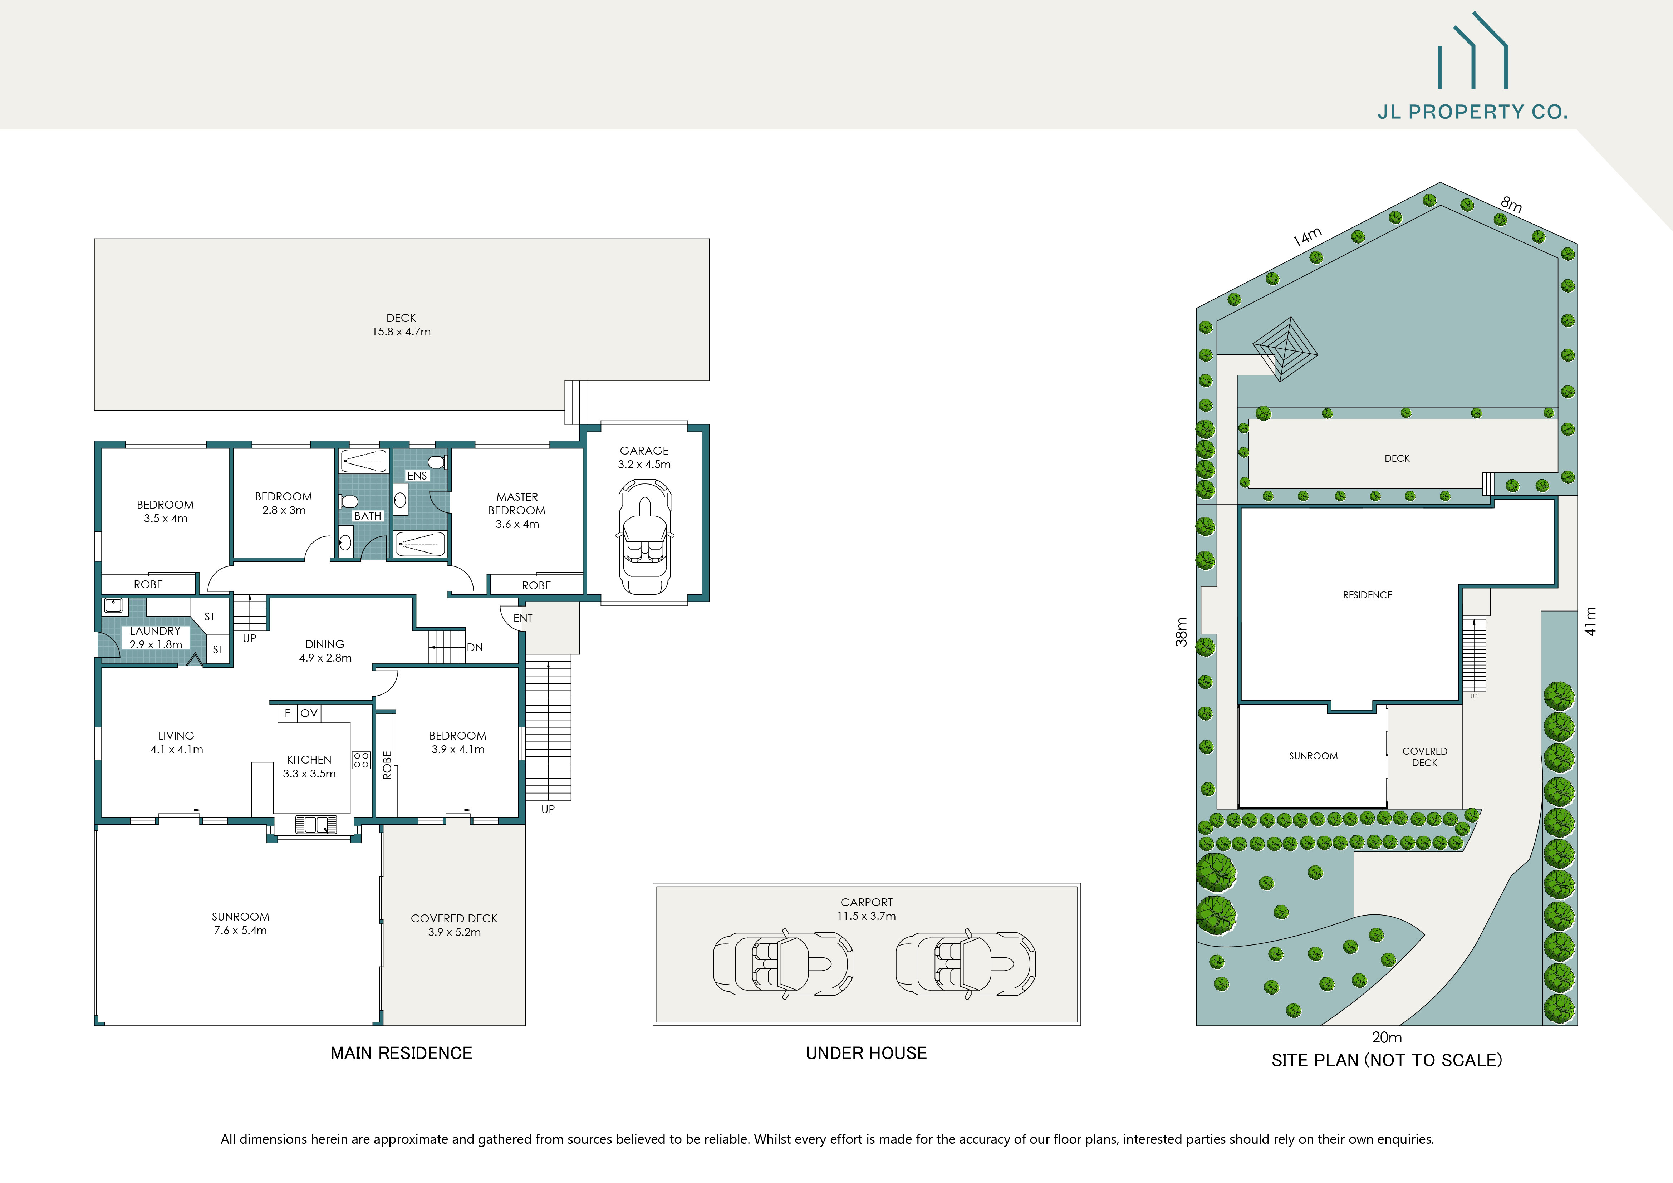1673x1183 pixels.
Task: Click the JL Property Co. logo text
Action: pos(1472,112)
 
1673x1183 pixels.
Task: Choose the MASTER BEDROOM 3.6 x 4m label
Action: pos(517,510)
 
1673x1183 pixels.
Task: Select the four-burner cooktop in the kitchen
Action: pos(361,760)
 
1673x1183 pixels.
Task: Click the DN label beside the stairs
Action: pos(474,647)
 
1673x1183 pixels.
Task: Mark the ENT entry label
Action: pos(522,618)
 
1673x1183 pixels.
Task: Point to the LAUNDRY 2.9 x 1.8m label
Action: pos(155,637)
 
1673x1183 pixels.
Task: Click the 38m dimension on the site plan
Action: pos(1181,632)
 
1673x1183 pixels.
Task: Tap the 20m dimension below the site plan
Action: pos(1386,1037)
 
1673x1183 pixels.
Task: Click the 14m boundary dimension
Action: pos(1307,237)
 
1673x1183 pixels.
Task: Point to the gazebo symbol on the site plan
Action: pos(1285,348)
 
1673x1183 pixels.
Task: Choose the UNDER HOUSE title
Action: pos(865,1052)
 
